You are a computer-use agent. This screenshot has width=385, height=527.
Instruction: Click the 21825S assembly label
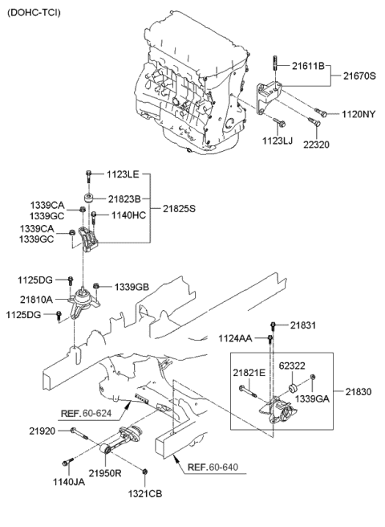[x=180, y=209]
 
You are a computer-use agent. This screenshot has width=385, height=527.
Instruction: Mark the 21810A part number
[x=39, y=300]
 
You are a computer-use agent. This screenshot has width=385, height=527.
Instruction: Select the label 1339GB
[x=132, y=286]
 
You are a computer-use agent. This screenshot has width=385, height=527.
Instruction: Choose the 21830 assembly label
[x=360, y=391]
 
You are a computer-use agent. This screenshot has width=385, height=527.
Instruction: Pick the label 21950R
[x=105, y=473]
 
